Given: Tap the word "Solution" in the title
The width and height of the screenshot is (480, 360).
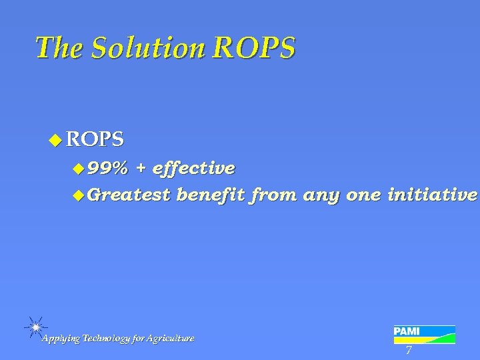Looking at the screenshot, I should tap(144, 48).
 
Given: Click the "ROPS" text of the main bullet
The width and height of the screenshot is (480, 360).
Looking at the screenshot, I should tap(95, 140).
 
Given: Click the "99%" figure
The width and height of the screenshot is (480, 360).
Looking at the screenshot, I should tap(107, 167).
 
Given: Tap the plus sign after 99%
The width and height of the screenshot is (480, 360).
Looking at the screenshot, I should tap(141, 167).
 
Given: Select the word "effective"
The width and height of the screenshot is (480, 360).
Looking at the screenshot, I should tap(193, 167).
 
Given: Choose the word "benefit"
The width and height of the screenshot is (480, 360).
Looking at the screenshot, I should tap(211, 195).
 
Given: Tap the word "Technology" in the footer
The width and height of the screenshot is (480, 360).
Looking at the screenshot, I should tap(109, 339).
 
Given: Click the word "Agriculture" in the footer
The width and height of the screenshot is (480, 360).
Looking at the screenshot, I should tap(172, 339).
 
